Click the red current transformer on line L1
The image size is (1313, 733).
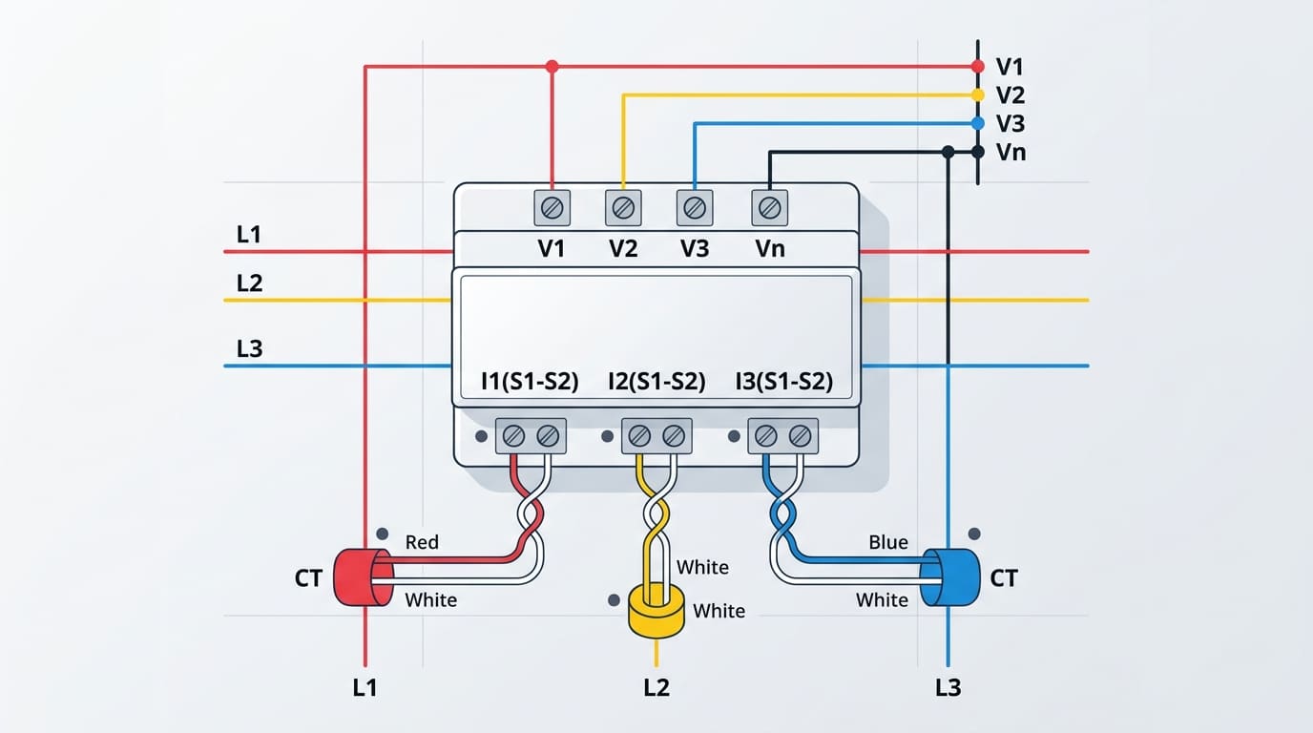[x=362, y=576]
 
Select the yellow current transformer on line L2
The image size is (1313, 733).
[x=656, y=611]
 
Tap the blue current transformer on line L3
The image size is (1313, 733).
[x=951, y=576]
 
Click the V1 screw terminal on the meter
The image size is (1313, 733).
[x=552, y=207]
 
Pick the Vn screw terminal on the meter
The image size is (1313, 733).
[x=769, y=207]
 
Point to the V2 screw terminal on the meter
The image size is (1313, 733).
[x=623, y=207]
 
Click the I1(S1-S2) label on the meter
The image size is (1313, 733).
[x=531, y=383]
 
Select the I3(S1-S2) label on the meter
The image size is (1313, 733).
[x=783, y=383]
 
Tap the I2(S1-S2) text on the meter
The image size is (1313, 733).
[x=656, y=383]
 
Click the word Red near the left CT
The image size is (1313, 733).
[x=422, y=542]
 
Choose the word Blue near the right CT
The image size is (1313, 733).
[x=887, y=542]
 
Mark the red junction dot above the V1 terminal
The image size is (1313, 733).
[x=552, y=67]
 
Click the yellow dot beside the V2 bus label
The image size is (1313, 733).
[x=977, y=94]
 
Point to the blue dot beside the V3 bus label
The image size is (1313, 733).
[x=977, y=123]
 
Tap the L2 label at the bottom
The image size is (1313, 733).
[x=656, y=687]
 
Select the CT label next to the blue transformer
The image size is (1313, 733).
[x=1004, y=578]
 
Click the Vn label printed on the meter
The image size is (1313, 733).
[x=769, y=248]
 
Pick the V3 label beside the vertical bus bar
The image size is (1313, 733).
[x=1010, y=123]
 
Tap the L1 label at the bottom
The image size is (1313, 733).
[x=365, y=687]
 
